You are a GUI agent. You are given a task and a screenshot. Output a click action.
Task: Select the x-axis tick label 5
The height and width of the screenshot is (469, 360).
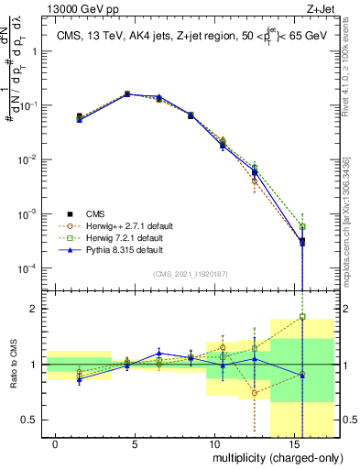tap(135, 443)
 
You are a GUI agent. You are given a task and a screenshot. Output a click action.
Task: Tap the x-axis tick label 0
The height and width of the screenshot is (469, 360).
tap(56, 443)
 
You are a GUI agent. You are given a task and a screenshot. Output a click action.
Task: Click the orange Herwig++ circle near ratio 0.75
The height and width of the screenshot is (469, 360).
tap(255, 393)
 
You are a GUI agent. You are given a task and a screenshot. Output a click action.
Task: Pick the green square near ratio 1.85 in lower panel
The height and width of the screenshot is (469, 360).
tap(302, 317)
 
